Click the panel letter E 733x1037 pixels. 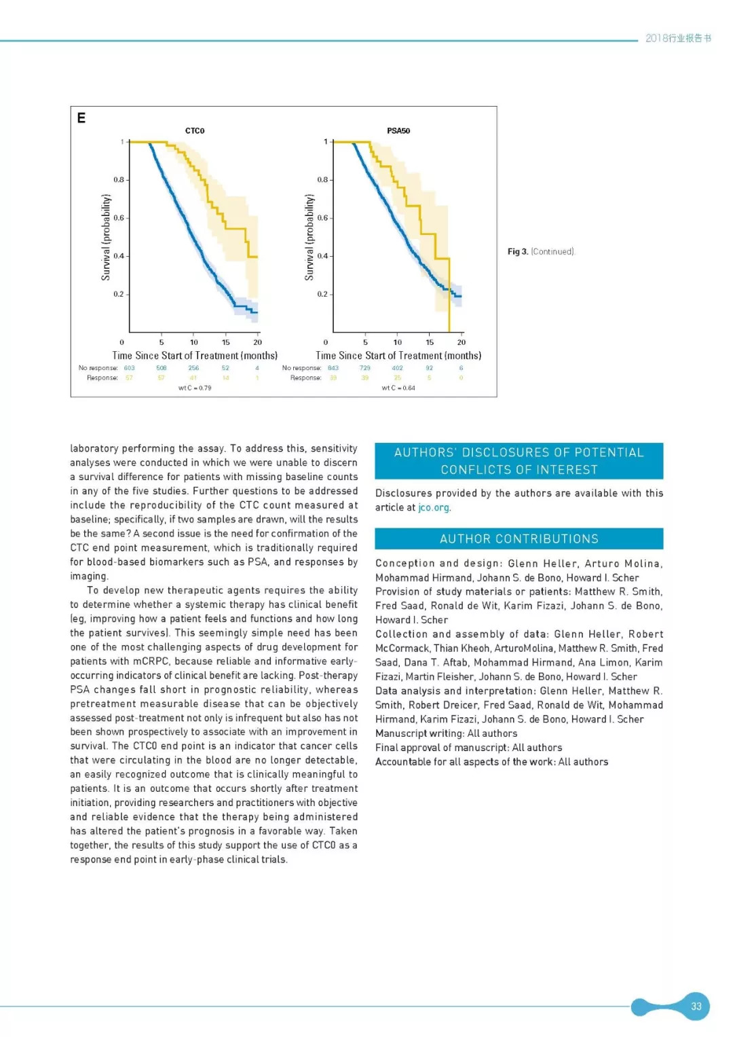[x=81, y=118]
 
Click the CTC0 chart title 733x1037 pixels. [x=195, y=130]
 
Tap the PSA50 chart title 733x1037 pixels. [x=398, y=130]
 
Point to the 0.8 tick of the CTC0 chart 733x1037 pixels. [x=119, y=180]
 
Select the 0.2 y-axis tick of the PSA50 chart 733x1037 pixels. [x=322, y=294]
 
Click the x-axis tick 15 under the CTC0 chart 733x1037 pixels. [x=226, y=342]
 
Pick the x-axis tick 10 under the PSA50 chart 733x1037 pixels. [x=398, y=342]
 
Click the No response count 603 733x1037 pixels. [x=129, y=368]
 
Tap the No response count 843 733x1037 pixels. [x=333, y=368]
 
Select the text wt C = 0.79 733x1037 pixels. [x=195, y=388]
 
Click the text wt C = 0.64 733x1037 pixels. [x=398, y=388]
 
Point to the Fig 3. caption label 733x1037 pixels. [x=518, y=252]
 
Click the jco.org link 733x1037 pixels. [x=434, y=507]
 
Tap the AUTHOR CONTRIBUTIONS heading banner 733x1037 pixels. [x=519, y=539]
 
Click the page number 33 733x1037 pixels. [x=696, y=1006]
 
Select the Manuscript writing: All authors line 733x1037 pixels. [x=446, y=733]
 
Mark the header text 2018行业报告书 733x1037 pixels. [x=678, y=38]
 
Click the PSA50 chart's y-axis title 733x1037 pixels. [x=309, y=237]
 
